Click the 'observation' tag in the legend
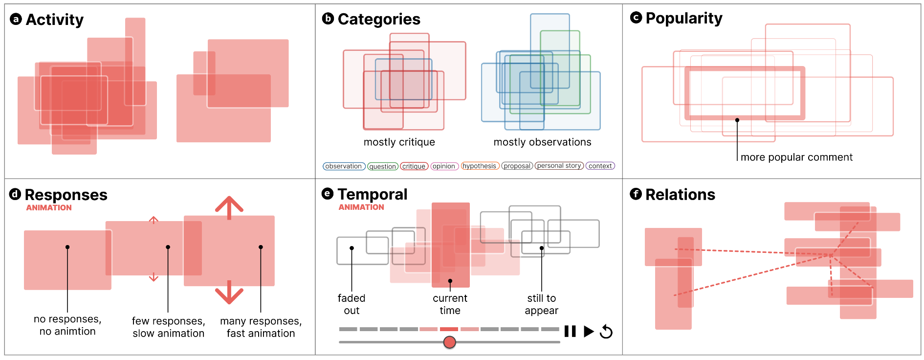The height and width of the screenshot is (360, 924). click(344, 166)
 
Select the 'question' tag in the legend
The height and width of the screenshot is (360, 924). click(382, 166)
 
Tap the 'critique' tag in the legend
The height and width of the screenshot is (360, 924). click(414, 166)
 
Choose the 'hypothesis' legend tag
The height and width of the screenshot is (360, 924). click(480, 166)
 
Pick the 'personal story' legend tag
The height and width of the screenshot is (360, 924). click(559, 166)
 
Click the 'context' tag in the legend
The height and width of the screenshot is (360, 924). click(600, 166)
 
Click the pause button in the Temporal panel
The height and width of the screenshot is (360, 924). click(570, 331)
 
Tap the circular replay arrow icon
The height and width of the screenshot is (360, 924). click(606, 331)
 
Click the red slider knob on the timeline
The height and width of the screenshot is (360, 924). click(449, 342)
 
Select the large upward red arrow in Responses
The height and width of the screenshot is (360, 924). click(229, 207)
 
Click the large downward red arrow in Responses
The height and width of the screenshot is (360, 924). click(229, 292)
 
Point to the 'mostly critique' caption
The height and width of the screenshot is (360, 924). click(399, 142)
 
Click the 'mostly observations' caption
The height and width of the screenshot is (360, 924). click(542, 142)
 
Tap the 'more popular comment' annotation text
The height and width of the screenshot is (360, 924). click(796, 157)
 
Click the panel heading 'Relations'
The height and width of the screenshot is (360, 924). click(680, 195)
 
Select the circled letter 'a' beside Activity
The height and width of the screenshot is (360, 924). click(16, 20)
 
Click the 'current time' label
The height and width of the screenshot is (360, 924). click(450, 304)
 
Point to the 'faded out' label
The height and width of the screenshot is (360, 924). click(352, 304)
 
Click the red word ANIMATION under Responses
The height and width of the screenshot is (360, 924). click(49, 208)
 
